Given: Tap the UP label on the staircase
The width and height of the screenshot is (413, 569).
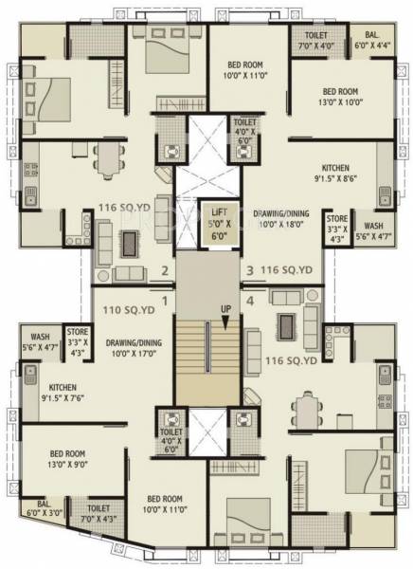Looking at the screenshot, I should (225, 309).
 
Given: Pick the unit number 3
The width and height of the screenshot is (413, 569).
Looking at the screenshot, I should (250, 271).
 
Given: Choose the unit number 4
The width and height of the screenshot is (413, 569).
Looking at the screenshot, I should (250, 302).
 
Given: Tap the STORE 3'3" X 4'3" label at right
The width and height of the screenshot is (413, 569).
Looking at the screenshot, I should (337, 232).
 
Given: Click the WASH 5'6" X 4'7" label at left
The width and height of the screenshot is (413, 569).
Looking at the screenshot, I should (39, 341).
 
